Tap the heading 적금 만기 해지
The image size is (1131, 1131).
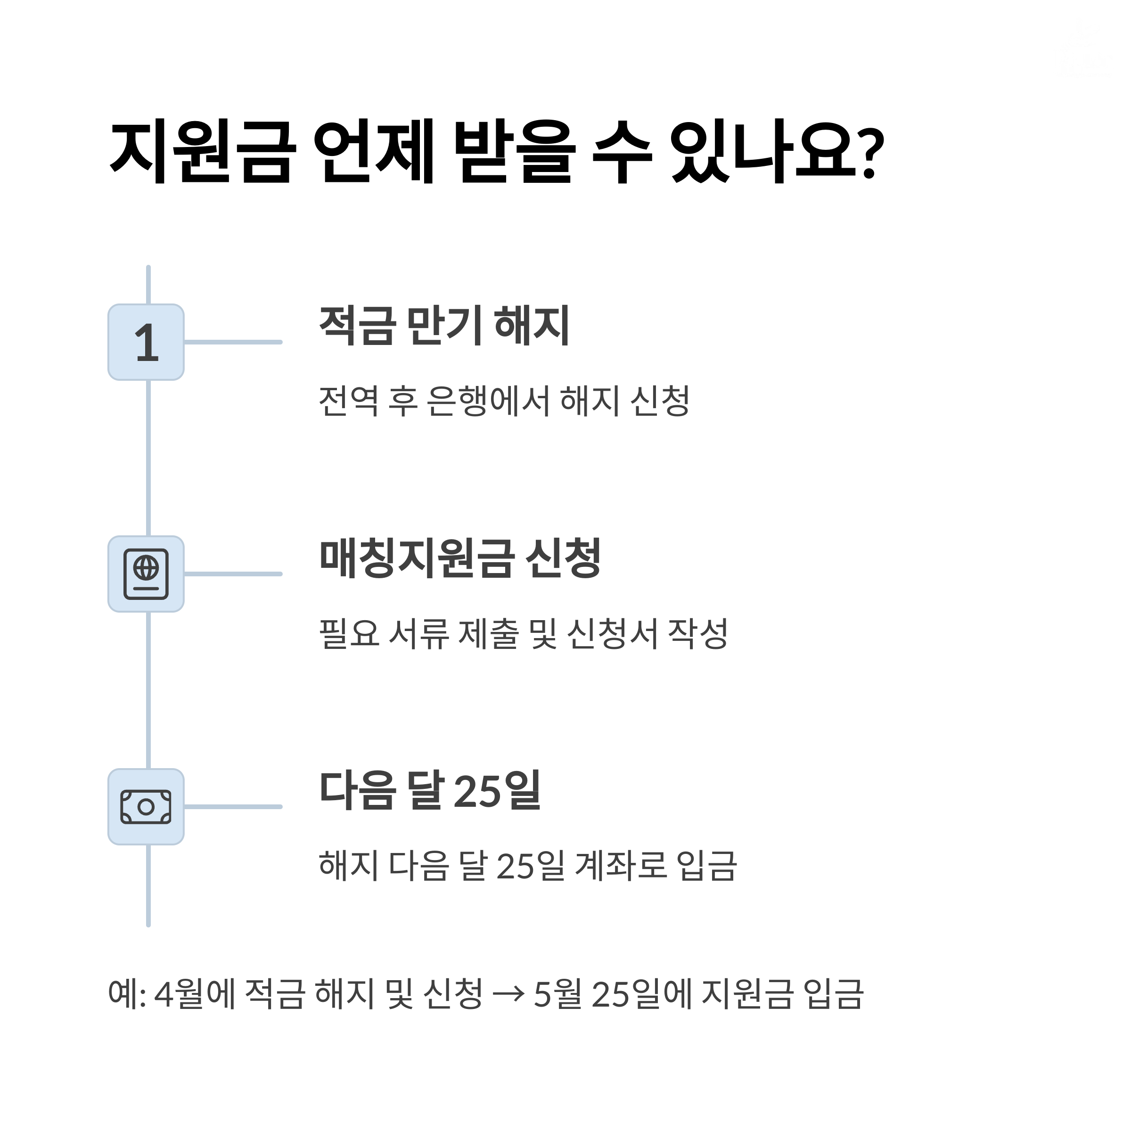coord(444,326)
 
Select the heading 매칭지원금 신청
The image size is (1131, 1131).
coord(460,558)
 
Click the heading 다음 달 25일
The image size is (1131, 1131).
coord(430,790)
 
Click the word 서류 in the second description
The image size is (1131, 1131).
coord(418,633)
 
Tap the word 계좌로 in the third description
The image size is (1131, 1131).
coord(621,866)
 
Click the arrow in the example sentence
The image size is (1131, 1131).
coord(508,993)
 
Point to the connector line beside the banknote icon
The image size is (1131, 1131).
coord(233,807)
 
